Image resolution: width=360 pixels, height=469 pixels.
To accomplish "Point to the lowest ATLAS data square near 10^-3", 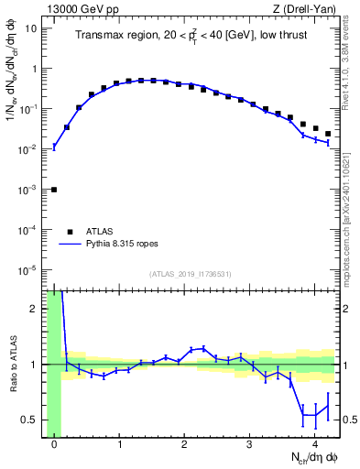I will pos(54,190).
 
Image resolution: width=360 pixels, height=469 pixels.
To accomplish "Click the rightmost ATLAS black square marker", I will pos(328,134).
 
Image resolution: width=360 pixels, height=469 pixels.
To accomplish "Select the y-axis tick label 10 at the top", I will pos(31,28).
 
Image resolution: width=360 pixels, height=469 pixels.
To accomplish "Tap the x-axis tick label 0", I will pos(54,445).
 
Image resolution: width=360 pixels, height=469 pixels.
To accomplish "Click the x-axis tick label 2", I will pos(184,445).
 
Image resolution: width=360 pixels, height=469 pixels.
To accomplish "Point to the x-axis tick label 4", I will pos(314,445).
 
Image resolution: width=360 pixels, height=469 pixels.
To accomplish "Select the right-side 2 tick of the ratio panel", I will pos(346,309).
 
